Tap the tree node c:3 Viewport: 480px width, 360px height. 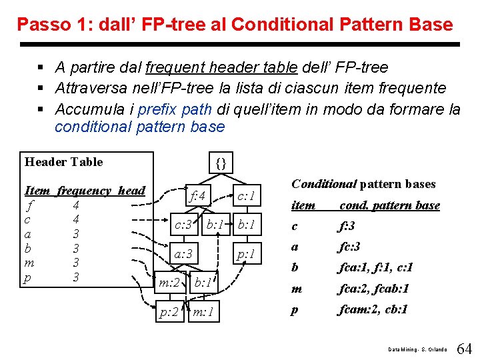pyautogui.click(x=183, y=225)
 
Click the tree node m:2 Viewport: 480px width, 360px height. pyautogui.click(x=169, y=283)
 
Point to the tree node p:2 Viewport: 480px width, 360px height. pyautogui.click(x=169, y=312)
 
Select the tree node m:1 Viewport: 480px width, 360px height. pyautogui.click(x=203, y=312)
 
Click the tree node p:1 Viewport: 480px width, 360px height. pyautogui.click(x=246, y=253)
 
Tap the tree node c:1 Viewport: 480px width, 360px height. pyautogui.click(x=246, y=195)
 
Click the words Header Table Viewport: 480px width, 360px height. pyautogui.click(x=63, y=162)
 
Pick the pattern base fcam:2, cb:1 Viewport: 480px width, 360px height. pyautogui.click(x=373, y=309)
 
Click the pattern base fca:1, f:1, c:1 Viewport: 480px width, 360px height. pyautogui.click(x=375, y=267)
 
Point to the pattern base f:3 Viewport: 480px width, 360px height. pyautogui.click(x=347, y=226)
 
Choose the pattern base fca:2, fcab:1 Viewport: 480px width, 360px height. pyautogui.click(x=373, y=289)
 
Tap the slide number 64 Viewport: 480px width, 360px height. pyautogui.click(x=465, y=349)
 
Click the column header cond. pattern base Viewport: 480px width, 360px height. pyautogui.click(x=389, y=205)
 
